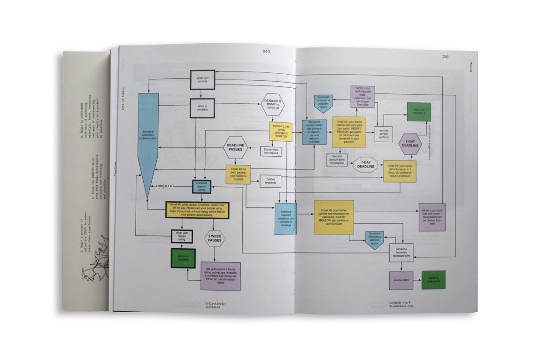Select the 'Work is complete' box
(202, 107)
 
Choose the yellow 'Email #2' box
(240, 175)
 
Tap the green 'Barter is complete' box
(183, 258)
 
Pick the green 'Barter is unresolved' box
(433, 280)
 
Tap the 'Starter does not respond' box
(270, 152)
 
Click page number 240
(266, 52)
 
